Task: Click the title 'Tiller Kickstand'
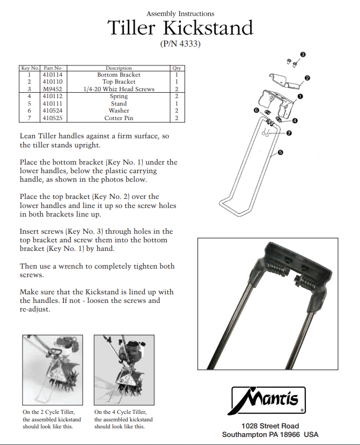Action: [180, 28]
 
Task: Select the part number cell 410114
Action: [53, 75]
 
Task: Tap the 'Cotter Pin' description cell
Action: [119, 118]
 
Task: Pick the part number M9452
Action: [53, 89]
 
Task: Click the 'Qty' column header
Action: [177, 68]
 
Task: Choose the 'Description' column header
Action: [119, 68]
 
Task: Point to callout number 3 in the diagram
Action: [303, 54]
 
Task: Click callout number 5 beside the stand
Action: [281, 153]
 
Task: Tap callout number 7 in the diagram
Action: [289, 133]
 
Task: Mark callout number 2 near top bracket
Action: [307, 78]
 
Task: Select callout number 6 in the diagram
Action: [256, 110]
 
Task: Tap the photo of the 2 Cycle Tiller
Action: [53, 370]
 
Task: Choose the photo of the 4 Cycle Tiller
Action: [124, 370]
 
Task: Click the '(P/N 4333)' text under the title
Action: [180, 44]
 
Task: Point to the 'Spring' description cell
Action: [119, 96]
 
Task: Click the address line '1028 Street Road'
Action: [270, 426]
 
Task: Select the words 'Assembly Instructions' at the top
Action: [180, 13]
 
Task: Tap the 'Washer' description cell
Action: [119, 110]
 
